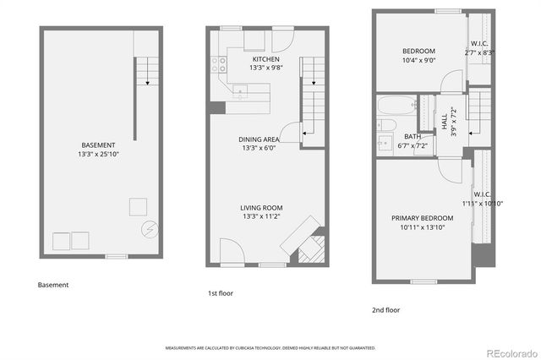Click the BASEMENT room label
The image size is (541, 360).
(98, 145)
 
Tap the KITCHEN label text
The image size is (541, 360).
(265, 59)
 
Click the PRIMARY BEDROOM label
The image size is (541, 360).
(422, 218)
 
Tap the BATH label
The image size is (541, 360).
(413, 137)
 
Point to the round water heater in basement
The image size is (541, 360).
(150, 229)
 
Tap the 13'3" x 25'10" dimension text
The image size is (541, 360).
(98, 155)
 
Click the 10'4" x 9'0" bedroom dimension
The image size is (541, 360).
(418, 60)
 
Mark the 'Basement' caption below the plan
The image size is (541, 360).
(53, 286)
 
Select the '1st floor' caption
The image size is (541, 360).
(221, 293)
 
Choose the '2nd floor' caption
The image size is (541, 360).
(385, 310)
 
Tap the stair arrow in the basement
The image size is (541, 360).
(147, 82)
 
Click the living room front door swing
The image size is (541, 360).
(231, 251)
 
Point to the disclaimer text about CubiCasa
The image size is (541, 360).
(270, 347)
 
